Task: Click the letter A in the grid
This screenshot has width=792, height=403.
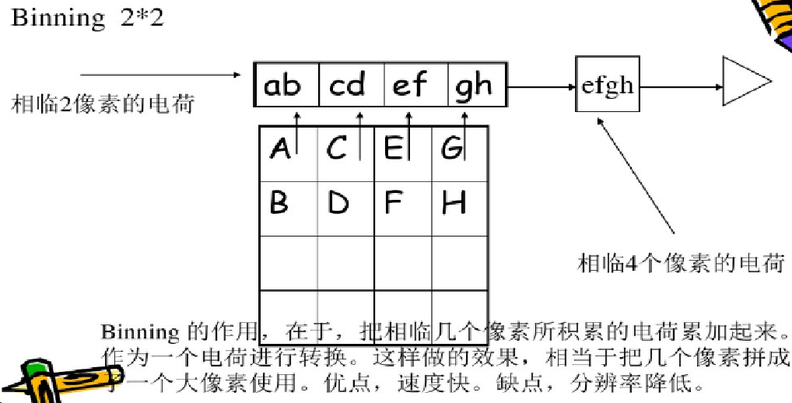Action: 280,147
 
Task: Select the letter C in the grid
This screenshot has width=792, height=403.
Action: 337,147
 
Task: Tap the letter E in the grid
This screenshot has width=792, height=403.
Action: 394,147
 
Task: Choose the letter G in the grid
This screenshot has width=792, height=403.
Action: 451,147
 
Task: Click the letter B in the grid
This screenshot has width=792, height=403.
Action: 279,203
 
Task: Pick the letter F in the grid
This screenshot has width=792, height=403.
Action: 394,203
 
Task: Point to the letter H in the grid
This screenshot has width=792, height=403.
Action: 454,203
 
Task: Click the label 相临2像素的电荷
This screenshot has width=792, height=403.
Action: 103,103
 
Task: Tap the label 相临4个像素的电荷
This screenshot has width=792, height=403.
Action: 680,264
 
